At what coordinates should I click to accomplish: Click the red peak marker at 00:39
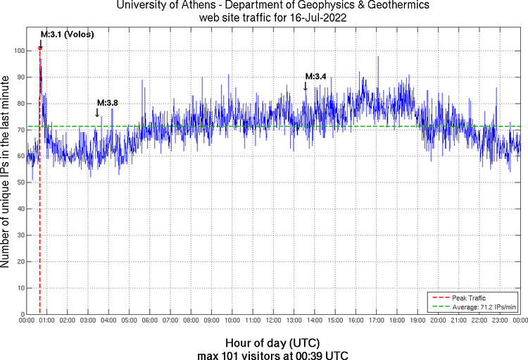click(x=40, y=48)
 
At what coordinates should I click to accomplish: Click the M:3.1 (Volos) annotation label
click(x=67, y=34)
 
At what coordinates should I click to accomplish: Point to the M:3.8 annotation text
click(x=107, y=103)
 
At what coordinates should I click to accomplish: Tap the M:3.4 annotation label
click(x=315, y=76)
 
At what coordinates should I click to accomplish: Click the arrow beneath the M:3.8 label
click(x=97, y=113)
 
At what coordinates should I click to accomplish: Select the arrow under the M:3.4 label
click(x=306, y=86)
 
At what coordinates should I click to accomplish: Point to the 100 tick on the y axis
click(x=19, y=51)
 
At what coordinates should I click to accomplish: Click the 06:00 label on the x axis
click(x=150, y=320)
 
